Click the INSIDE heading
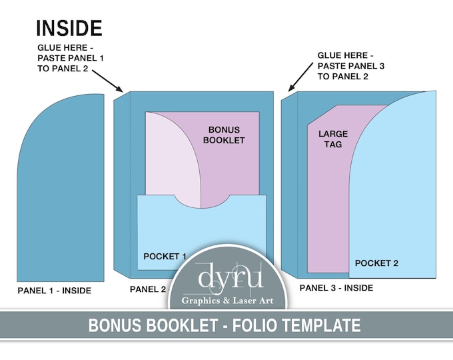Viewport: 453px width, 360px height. [69, 28]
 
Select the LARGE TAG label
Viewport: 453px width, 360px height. [333, 139]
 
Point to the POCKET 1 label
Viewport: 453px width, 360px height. [165, 256]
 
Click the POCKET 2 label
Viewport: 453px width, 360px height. [376, 263]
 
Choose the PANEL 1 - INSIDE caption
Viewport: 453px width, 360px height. [54, 291]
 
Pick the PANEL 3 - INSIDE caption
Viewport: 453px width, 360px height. [336, 288]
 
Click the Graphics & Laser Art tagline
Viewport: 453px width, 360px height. [226, 300]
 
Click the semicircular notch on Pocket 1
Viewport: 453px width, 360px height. [201, 199]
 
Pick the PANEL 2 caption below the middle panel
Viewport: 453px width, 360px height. [148, 289]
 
